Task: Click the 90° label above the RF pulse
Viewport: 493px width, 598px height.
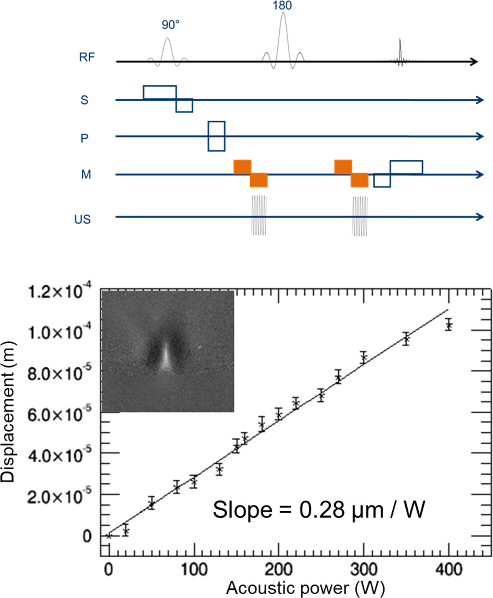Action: [171, 25]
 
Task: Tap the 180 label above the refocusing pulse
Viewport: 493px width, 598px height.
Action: [282, 6]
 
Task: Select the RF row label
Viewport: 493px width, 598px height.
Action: [87, 57]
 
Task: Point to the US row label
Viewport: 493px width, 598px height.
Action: [83, 220]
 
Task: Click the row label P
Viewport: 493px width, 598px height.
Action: [84, 138]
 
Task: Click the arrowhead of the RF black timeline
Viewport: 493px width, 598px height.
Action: [474, 61]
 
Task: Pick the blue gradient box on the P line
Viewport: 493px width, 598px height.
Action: [216, 136]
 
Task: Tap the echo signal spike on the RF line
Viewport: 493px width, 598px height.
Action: [400, 53]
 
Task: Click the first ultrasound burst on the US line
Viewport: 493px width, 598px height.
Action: [259, 215]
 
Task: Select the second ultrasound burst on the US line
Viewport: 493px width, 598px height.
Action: [360, 215]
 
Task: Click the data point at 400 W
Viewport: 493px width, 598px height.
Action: [448, 325]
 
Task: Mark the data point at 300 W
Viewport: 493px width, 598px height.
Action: [363, 358]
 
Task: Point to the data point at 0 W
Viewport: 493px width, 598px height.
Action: [108, 536]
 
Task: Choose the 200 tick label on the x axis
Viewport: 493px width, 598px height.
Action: [279, 570]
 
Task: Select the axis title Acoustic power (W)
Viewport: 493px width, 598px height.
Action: [305, 588]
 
